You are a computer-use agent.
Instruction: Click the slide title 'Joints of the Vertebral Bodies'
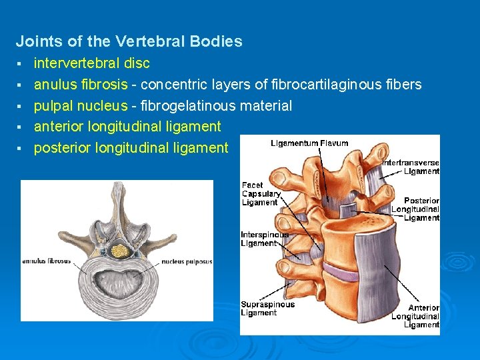point(129,41)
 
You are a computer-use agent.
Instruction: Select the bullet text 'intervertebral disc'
point(92,63)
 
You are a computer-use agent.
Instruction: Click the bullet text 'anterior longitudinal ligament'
point(127,127)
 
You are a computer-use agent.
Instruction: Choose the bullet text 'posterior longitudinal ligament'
point(131,147)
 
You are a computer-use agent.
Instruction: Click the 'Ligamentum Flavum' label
point(309,143)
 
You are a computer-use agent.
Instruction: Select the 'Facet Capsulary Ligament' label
point(260,193)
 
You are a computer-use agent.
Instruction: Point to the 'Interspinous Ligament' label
point(265,239)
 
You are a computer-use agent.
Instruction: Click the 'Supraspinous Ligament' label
point(267,309)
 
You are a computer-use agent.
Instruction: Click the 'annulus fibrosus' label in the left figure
point(47,261)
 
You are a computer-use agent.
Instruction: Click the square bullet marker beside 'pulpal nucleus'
point(21,107)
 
